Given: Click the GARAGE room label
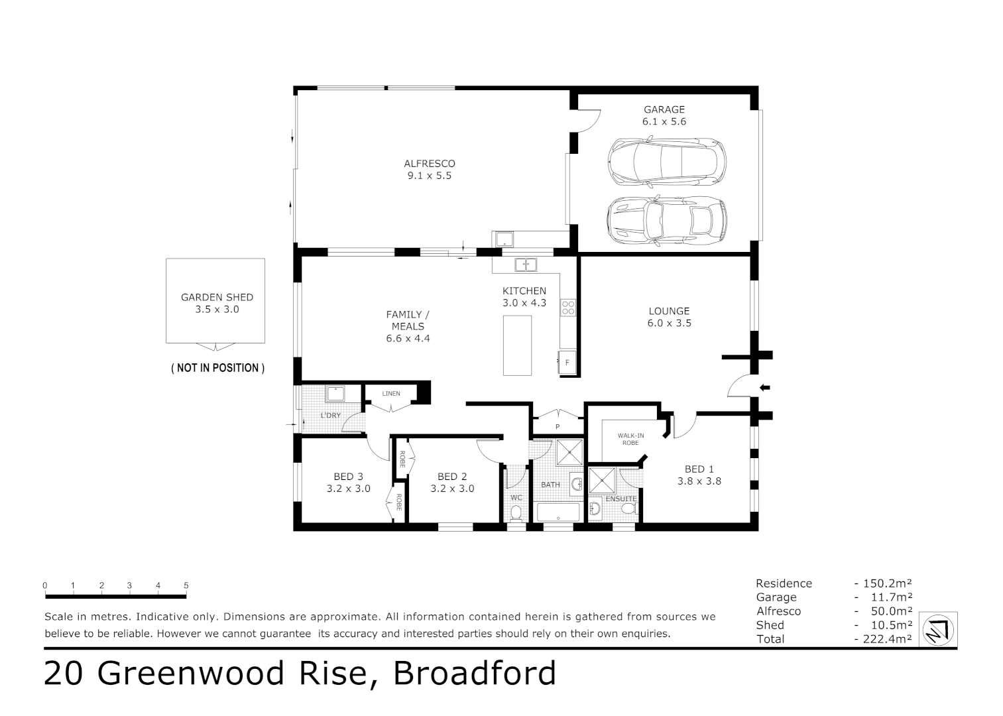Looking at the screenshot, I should click(664, 109).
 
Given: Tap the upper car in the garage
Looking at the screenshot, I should click(666, 162).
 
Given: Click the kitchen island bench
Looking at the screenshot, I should click(517, 345).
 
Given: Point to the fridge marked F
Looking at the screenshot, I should click(567, 363).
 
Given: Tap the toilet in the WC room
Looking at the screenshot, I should click(516, 512).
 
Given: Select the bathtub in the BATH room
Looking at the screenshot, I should click(558, 512).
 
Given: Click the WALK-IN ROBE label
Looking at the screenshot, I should click(630, 439).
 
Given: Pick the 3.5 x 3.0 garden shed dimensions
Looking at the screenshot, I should click(217, 310).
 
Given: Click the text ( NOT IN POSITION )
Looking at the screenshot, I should click(217, 368).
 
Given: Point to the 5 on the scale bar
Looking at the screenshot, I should click(186, 585).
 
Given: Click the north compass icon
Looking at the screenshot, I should click(938, 629).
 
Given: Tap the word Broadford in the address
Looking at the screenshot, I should click(475, 674).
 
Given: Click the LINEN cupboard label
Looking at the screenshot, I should click(391, 394).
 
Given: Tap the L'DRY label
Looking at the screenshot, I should click(330, 416).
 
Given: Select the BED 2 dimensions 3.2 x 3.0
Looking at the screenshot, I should click(452, 489).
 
